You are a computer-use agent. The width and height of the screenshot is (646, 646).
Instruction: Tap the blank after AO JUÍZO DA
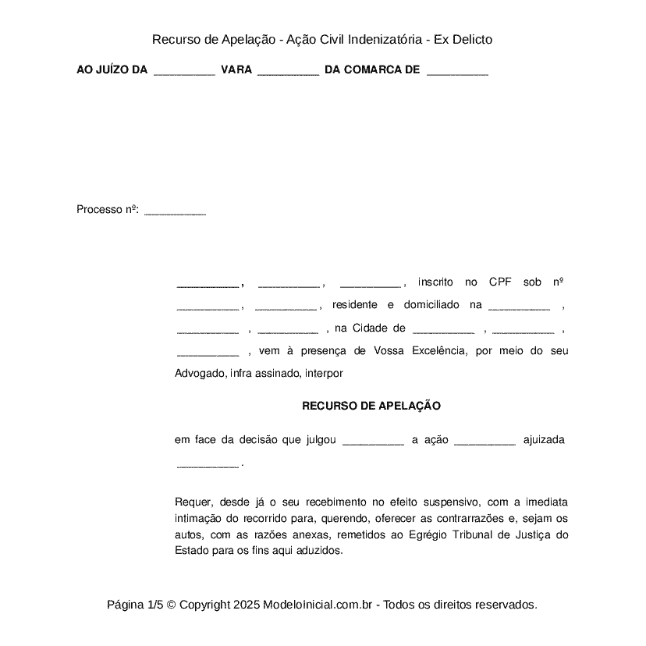[x=184, y=70]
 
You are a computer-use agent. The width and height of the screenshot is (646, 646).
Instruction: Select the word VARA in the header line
[x=236, y=70]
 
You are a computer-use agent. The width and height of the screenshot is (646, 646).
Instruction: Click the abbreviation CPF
[x=500, y=282]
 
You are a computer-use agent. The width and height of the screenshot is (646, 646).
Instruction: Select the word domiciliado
[x=431, y=304]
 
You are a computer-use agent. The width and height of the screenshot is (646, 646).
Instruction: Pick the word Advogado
[x=200, y=374]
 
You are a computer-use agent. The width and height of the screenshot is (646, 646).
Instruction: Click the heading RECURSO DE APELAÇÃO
[x=371, y=406]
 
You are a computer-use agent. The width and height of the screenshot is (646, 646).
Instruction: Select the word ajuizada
[x=544, y=440]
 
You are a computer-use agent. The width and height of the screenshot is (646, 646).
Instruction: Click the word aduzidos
[x=318, y=551]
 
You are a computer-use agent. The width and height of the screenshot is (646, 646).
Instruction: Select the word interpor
[x=325, y=374]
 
